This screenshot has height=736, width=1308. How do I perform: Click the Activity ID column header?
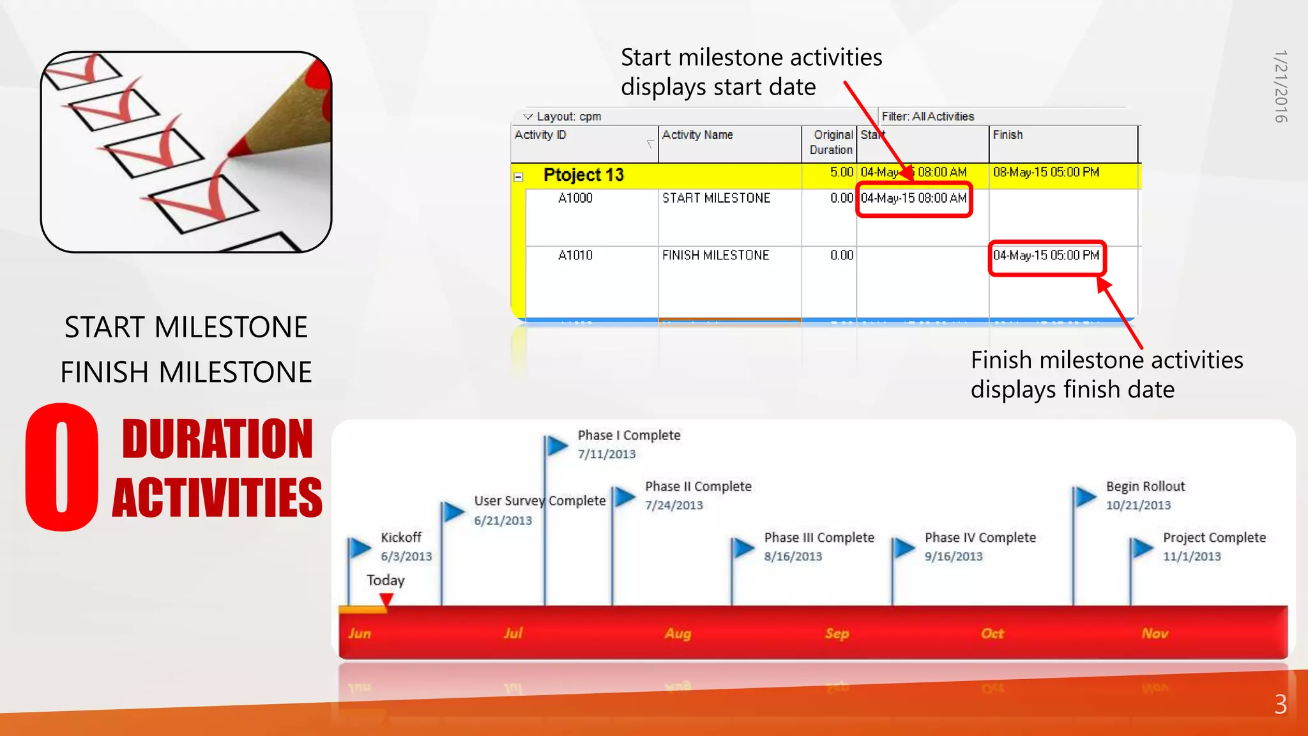[x=540, y=135]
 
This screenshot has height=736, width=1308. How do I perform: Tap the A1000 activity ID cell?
[x=575, y=198]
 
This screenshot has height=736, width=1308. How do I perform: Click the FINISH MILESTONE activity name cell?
[x=715, y=255]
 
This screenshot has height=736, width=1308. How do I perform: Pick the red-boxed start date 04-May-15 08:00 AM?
[x=913, y=199]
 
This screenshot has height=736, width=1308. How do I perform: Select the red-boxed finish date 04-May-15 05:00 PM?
[x=1046, y=256]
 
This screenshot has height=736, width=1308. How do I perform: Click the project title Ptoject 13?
[x=583, y=175]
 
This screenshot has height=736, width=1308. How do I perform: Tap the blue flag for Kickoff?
[x=360, y=548]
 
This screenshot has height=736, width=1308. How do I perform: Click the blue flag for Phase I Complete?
[x=556, y=445]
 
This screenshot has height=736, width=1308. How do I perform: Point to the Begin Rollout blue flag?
[x=1084, y=496]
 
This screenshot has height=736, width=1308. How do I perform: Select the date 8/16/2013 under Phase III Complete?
[x=793, y=556]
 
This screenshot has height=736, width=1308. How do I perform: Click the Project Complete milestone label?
[x=1214, y=538]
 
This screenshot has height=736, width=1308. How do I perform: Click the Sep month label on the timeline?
[x=837, y=633]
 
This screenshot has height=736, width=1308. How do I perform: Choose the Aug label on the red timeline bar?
[x=678, y=633]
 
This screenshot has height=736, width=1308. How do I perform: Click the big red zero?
[x=62, y=466]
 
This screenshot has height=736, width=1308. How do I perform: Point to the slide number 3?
[x=1280, y=704]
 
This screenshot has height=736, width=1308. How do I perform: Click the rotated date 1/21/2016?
[x=1281, y=86]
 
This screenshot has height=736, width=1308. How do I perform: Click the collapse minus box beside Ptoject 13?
[x=519, y=177]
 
